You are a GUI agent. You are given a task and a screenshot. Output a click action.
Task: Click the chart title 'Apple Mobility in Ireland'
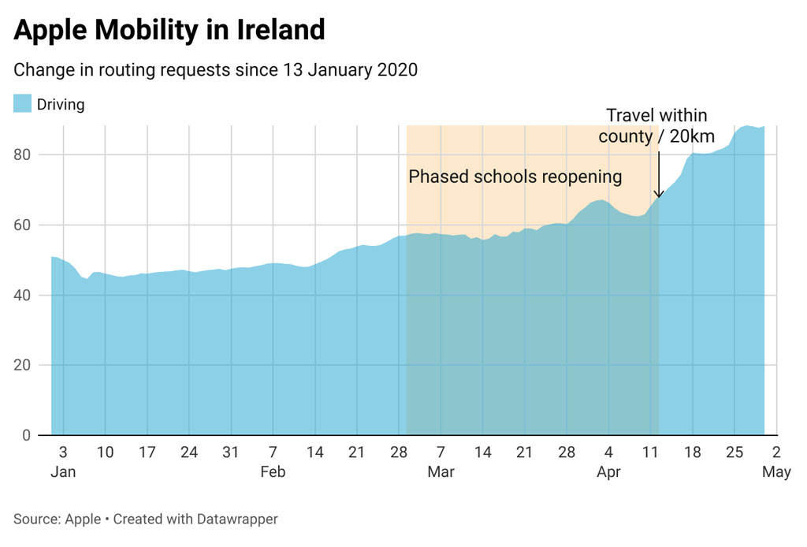[169, 30]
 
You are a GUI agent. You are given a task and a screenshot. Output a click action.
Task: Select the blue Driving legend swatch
[22, 103]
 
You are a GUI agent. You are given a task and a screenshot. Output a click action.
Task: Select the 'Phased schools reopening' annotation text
[515, 177]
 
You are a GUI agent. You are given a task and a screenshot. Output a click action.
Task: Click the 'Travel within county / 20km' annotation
[656, 126]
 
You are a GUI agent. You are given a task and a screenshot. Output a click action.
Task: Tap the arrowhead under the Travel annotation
[658, 195]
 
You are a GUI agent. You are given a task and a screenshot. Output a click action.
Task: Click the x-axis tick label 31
[231, 452]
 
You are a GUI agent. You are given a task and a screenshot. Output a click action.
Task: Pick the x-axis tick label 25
[734, 452]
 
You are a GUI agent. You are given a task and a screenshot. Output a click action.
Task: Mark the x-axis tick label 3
[63, 452]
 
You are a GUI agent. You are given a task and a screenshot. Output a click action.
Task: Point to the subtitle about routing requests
[215, 69]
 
